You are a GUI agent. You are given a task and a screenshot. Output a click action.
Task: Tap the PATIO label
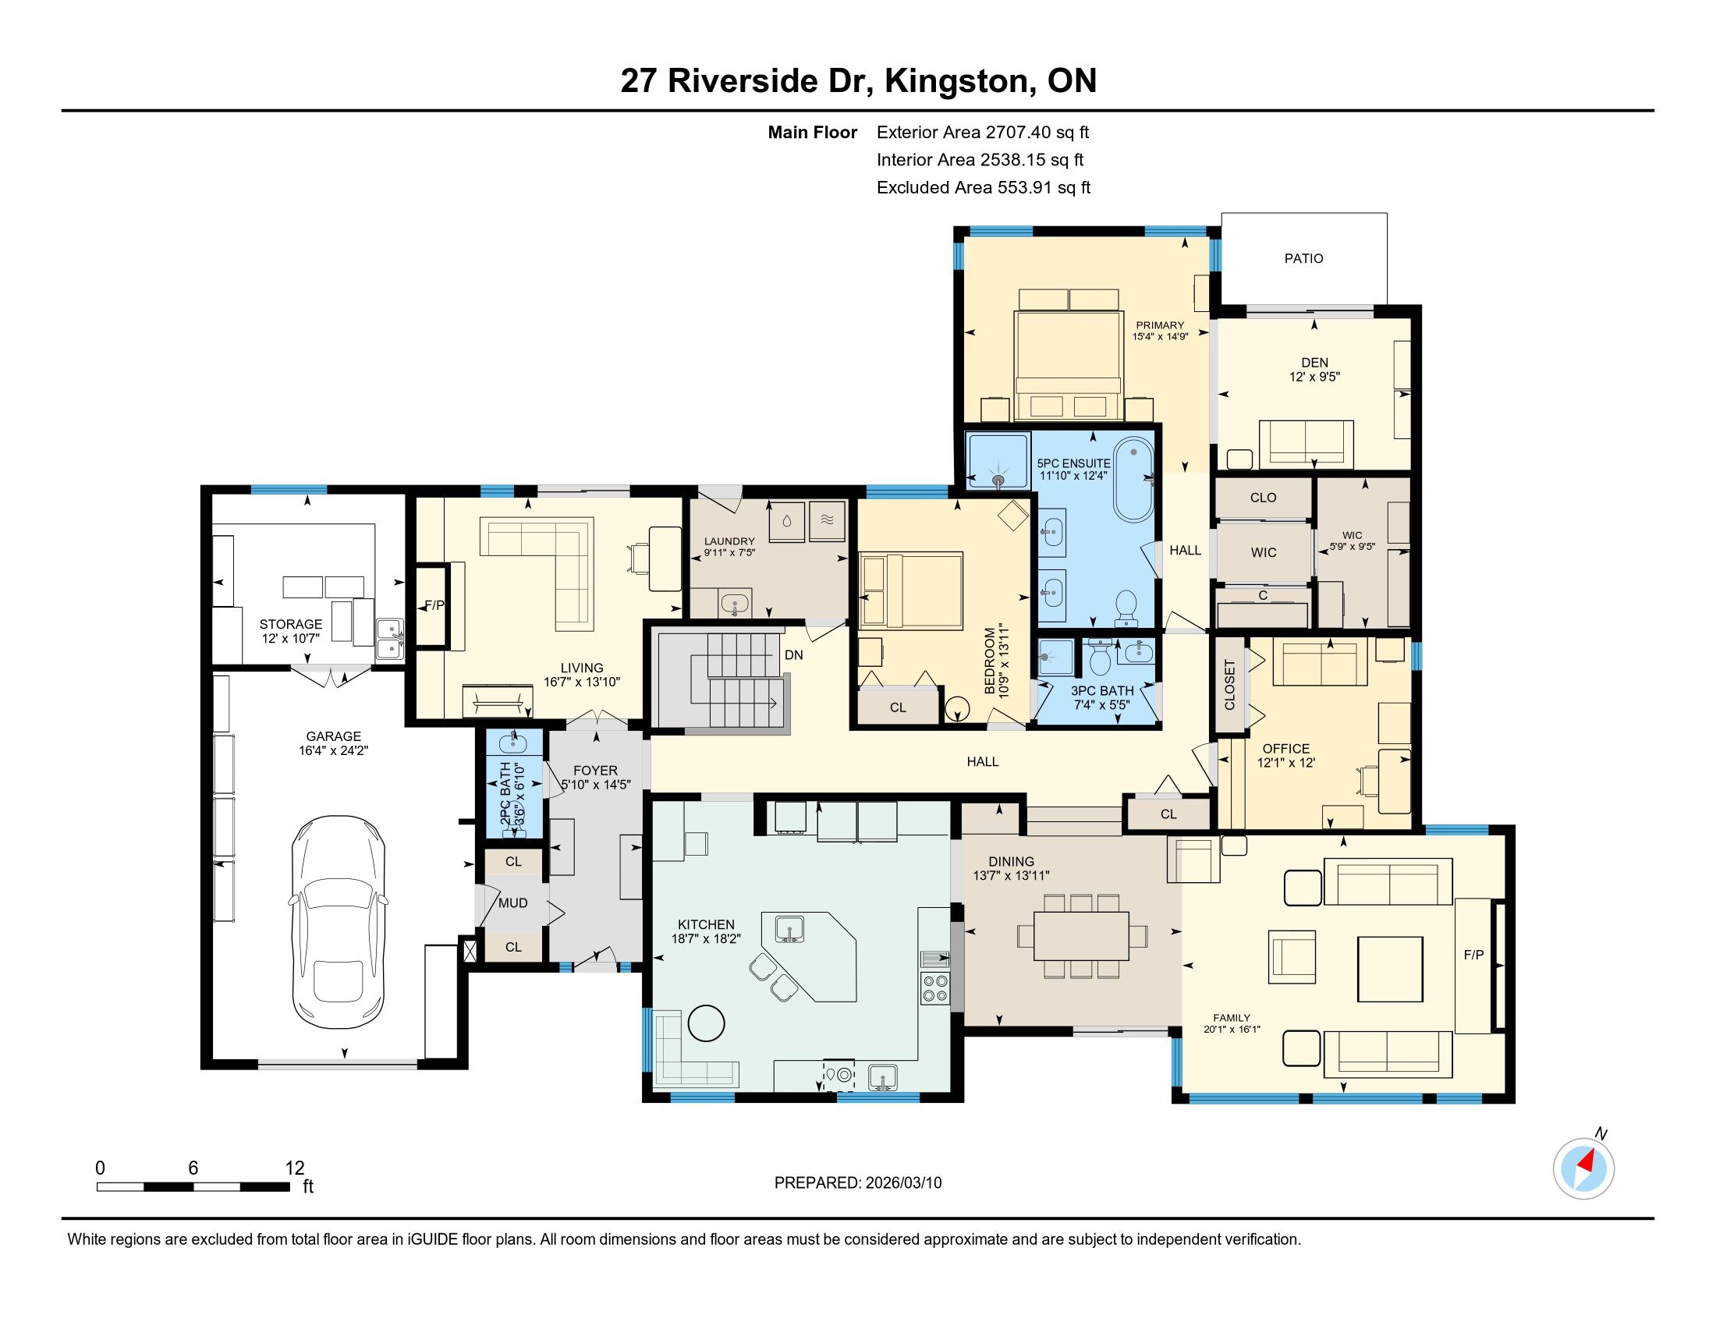[x=1303, y=258]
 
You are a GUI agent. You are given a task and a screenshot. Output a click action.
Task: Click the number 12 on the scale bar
[x=295, y=1168]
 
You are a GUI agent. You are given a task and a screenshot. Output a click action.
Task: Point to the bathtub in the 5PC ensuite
[x=1133, y=480]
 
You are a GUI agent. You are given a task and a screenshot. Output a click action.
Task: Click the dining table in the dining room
[x=1081, y=935]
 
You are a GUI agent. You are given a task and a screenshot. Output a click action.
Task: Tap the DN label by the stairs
[x=793, y=655]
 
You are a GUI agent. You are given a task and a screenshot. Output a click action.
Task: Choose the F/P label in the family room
[x=1473, y=955]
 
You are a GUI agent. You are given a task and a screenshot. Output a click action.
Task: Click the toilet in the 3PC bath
[x=1101, y=658]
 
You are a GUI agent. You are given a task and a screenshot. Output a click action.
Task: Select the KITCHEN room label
[x=706, y=924]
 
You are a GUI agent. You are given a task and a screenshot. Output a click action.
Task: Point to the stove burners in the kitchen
[x=935, y=987]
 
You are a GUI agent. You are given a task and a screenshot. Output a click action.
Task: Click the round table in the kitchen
[x=706, y=1023]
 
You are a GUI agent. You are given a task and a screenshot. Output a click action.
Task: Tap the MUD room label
[x=513, y=903]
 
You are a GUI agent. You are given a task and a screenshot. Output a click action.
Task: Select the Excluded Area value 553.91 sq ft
[x=1044, y=188]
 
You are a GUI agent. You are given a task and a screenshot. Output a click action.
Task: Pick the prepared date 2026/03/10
[x=901, y=1183]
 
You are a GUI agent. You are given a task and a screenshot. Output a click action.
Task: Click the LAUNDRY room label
[x=729, y=541]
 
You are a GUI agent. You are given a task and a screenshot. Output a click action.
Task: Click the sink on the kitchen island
[x=788, y=927]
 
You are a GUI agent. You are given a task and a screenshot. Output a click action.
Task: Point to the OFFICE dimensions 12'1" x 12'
[x=1285, y=762]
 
